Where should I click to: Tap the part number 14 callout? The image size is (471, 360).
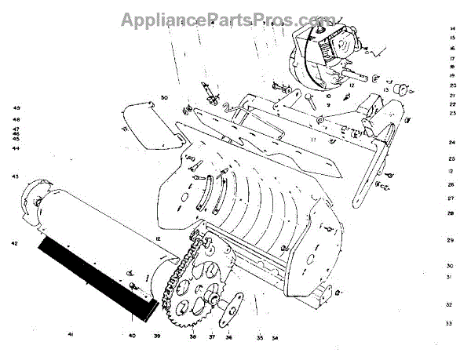coord(453,28)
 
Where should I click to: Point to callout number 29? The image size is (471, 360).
coord(451,240)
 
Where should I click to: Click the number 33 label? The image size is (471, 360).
coord(448,323)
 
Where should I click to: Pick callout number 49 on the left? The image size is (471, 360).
coord(16,107)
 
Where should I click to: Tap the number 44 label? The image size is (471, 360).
coord(16,148)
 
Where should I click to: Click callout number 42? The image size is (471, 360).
coord(14,244)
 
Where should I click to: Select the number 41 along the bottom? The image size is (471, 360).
coord(70,336)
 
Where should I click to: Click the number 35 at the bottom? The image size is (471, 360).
coord(259,338)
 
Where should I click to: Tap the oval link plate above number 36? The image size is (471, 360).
coord(230,307)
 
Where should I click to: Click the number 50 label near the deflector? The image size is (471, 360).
coord(165,97)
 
